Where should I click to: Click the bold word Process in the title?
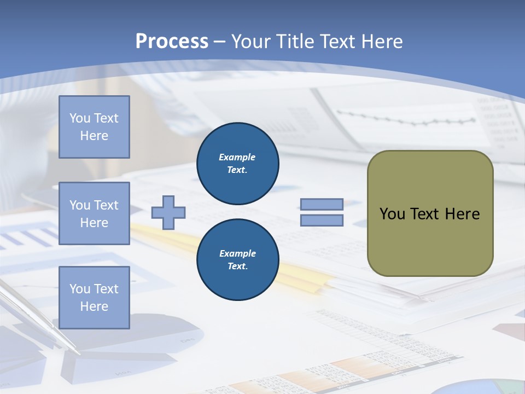172,42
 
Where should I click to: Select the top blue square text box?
94,127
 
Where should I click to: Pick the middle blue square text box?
94,213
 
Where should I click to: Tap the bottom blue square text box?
94,298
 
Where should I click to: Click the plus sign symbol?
168,212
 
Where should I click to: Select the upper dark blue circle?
237,163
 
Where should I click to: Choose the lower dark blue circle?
237,259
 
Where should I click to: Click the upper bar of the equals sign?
322,204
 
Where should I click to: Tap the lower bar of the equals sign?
322,220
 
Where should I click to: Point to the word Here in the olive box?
462,214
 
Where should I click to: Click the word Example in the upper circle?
237,157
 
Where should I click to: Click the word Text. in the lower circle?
237,266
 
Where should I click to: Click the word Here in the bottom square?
94,306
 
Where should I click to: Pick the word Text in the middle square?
106,205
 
